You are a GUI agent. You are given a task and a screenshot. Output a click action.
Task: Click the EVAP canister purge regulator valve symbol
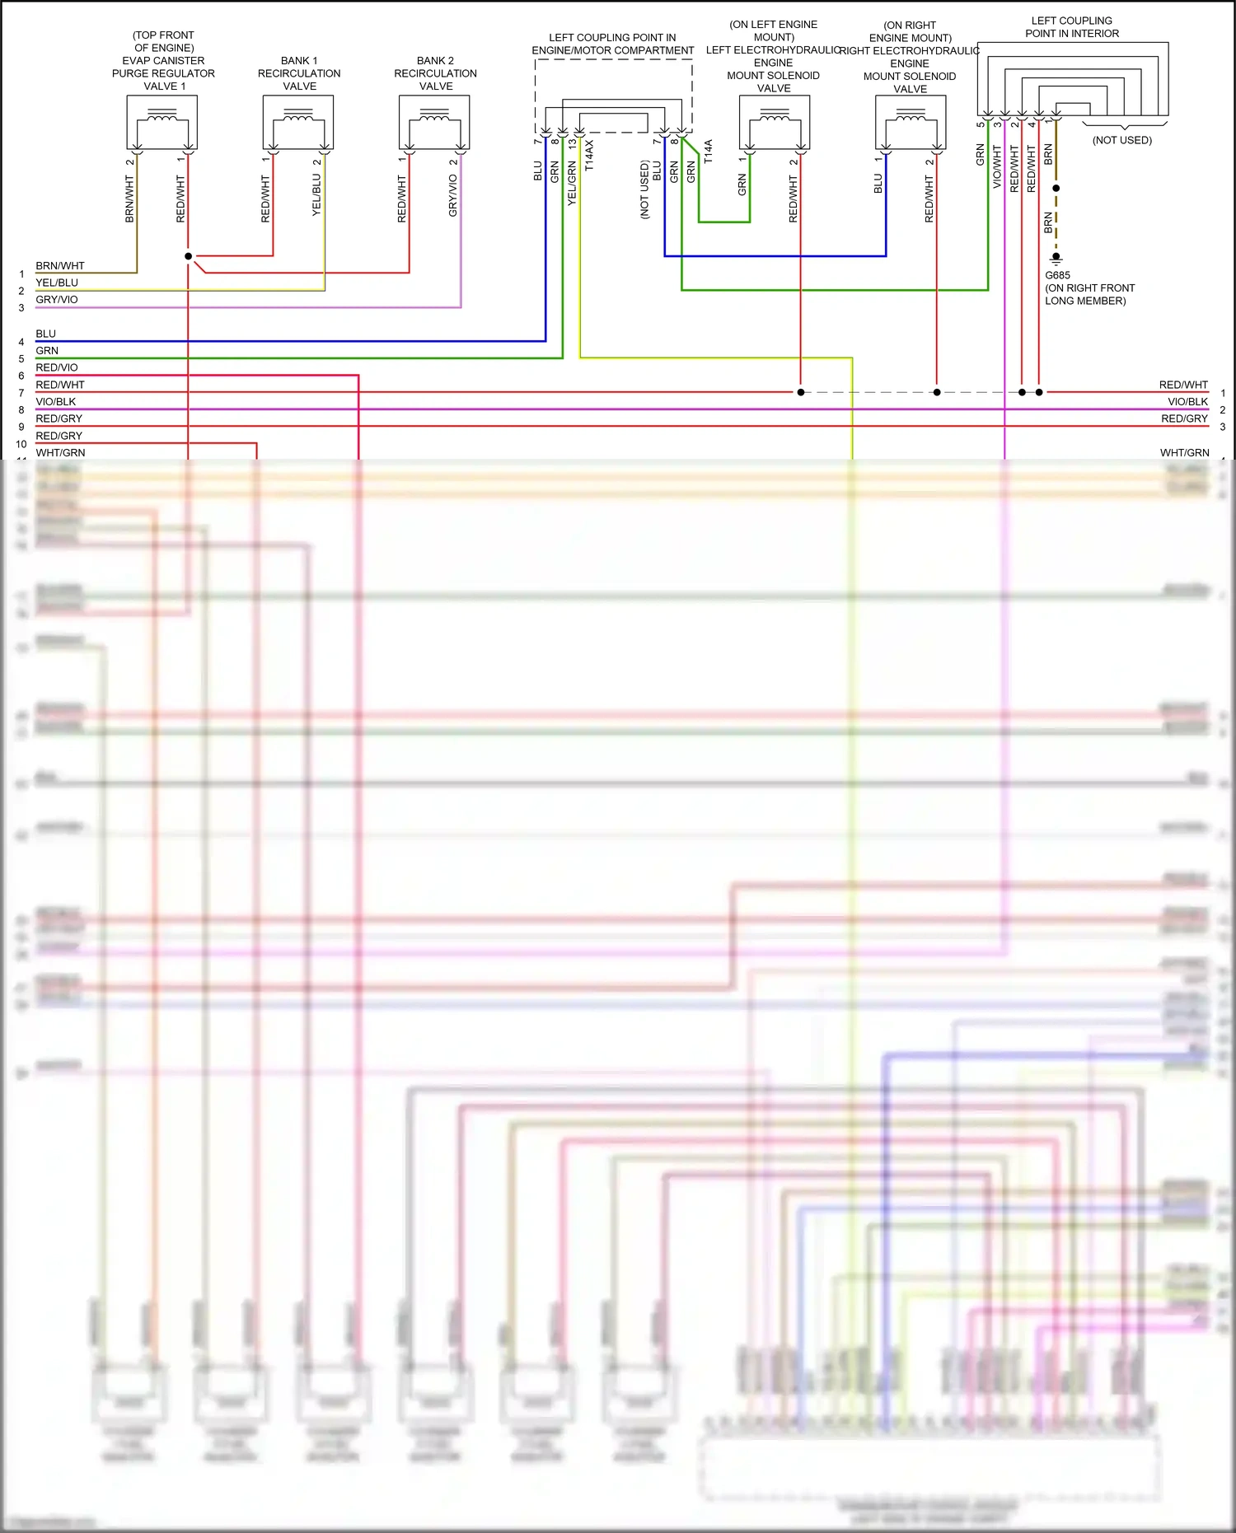point(162,122)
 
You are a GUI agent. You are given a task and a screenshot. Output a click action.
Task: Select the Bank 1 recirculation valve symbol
point(298,122)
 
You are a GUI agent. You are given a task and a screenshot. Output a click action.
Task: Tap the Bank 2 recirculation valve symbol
point(434,122)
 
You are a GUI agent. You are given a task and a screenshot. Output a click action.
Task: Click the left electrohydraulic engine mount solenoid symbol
point(774,122)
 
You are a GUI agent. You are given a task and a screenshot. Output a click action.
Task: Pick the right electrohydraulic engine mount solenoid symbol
point(910,122)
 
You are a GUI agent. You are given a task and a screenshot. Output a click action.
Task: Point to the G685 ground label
point(1057,275)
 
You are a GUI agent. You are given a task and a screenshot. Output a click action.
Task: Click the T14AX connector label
point(588,155)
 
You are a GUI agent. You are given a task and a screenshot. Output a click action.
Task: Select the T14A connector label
point(708,152)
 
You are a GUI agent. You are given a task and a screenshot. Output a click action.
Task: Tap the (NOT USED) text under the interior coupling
point(1121,140)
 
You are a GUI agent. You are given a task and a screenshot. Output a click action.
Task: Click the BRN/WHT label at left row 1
point(60,266)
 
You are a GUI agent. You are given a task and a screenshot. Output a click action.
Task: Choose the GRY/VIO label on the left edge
point(57,300)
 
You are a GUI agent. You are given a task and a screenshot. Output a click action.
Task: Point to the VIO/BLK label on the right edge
point(1187,402)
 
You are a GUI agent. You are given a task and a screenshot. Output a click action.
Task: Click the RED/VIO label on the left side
point(57,368)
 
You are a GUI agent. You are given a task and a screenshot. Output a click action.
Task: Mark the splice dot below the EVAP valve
point(188,256)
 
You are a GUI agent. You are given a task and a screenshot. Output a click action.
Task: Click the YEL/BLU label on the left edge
point(57,283)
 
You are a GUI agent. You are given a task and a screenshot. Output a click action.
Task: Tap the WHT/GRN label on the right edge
point(1184,453)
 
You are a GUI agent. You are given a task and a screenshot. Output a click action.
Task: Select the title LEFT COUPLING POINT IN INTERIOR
point(1072,27)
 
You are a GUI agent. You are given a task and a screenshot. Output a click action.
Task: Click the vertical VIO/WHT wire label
point(997,167)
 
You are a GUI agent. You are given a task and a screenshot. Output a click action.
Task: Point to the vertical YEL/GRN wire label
point(571,183)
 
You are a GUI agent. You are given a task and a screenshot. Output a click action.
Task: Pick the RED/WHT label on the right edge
point(1183,386)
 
